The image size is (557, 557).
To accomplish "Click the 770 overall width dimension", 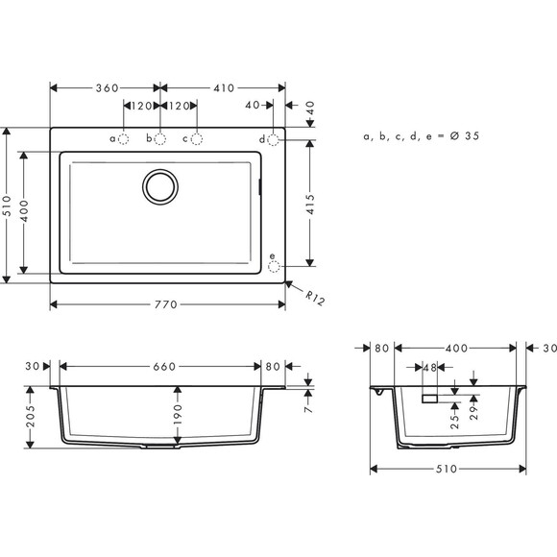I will click(x=166, y=305).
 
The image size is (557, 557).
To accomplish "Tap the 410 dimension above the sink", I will click(x=223, y=87).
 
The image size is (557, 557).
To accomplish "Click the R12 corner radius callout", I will click(x=312, y=297).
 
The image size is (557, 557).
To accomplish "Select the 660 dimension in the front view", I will click(x=163, y=366).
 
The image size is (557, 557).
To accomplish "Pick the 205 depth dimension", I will click(x=32, y=418).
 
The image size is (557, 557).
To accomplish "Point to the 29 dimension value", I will click(x=473, y=414).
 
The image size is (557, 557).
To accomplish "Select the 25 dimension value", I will click(x=455, y=414).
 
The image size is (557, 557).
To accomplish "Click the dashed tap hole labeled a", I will click(x=124, y=139).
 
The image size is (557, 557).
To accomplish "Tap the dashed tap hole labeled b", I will click(x=160, y=139).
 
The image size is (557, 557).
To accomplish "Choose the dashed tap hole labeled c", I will click(x=197, y=139).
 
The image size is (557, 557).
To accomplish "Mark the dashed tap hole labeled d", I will click(x=273, y=140).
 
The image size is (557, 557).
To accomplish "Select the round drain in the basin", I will click(x=160, y=185).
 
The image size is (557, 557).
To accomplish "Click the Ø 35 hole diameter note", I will click(x=422, y=136).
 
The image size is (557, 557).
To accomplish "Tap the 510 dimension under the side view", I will click(x=447, y=470).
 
